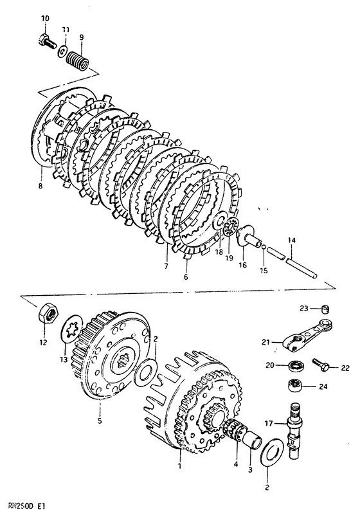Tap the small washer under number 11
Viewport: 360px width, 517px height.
pyautogui.click(x=62, y=52)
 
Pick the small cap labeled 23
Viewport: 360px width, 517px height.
pyautogui.click(x=326, y=309)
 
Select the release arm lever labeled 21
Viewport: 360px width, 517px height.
pyautogui.click(x=307, y=335)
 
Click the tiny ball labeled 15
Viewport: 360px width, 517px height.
pyautogui.click(x=264, y=246)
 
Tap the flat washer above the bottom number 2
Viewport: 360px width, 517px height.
pyautogui.click(x=272, y=455)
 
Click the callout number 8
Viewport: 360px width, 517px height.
pyautogui.click(x=40, y=186)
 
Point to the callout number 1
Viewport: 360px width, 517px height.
pyautogui.click(x=179, y=466)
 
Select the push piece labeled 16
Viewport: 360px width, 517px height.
pyautogui.click(x=249, y=236)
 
